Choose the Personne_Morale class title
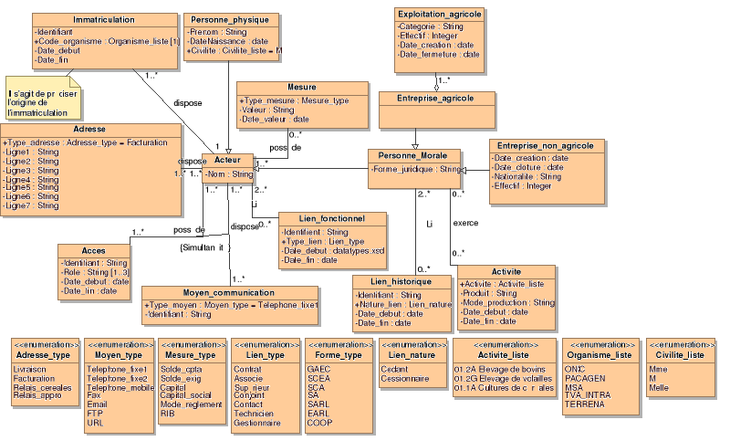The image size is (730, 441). pyautogui.click(x=415, y=155)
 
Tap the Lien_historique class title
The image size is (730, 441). pyautogui.click(x=401, y=281)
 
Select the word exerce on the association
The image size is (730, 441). pyautogui.click(x=465, y=223)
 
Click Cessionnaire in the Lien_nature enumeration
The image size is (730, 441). pyautogui.click(x=404, y=378)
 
